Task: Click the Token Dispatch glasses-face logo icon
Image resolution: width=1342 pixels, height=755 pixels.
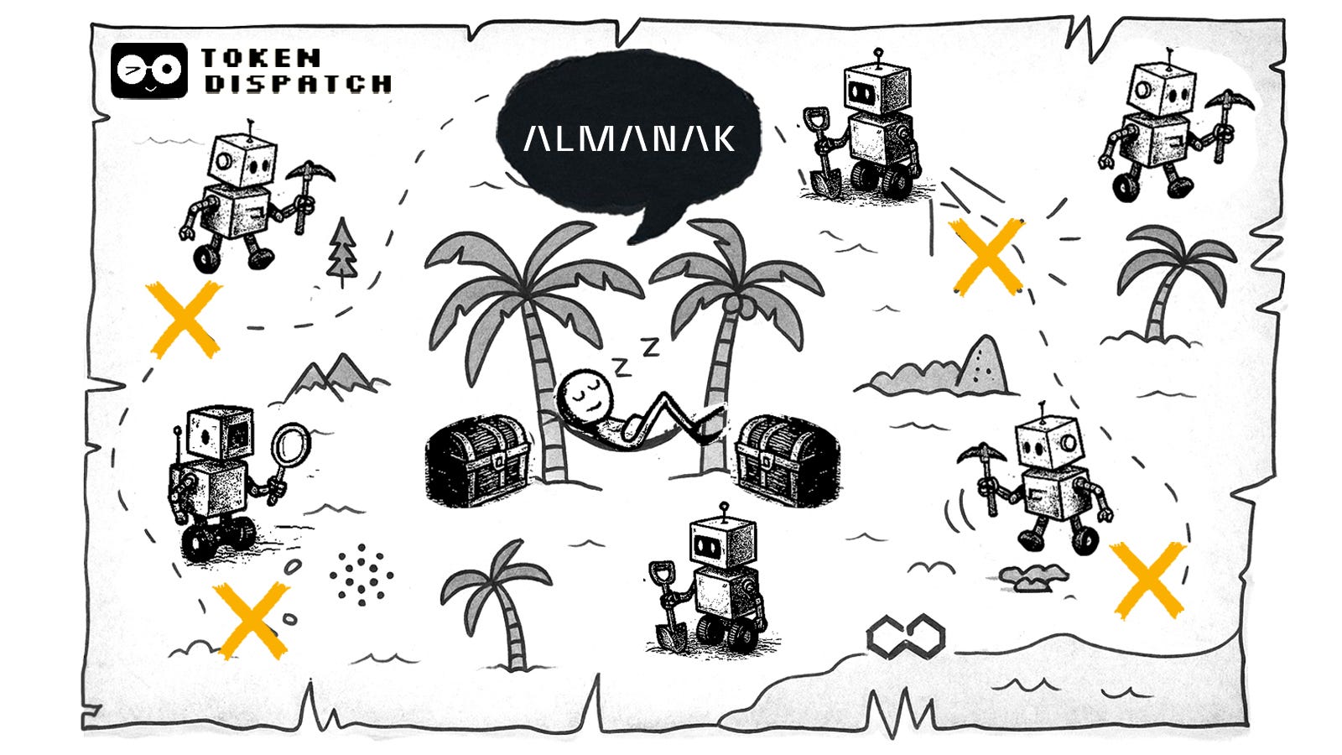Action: pyautogui.click(x=148, y=70)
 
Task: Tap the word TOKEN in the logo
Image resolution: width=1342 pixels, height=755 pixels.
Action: pyautogui.click(x=261, y=59)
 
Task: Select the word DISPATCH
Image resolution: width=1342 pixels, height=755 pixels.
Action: pyautogui.click(x=299, y=84)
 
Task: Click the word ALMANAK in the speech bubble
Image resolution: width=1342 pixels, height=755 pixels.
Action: pyautogui.click(x=629, y=138)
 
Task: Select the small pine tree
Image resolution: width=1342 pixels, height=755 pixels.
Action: pyautogui.click(x=341, y=249)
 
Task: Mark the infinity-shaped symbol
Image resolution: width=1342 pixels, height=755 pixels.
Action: pyautogui.click(x=905, y=635)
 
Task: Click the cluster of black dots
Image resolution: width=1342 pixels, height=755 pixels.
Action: pyautogui.click(x=361, y=574)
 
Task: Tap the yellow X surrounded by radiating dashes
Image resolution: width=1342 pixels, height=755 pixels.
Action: pyautogui.click(x=987, y=256)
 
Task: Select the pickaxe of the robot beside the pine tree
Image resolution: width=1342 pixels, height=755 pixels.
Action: pyautogui.click(x=308, y=180)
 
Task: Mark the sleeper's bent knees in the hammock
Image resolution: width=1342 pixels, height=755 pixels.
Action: pyautogui.click(x=671, y=409)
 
